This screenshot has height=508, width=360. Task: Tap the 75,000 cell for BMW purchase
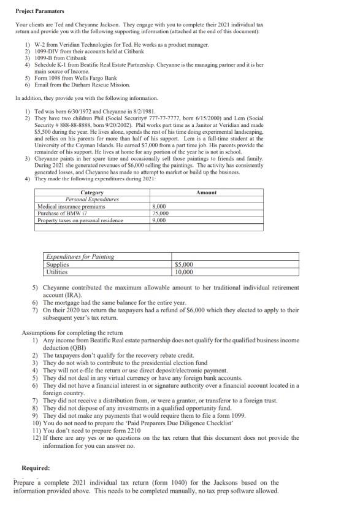click(161, 214)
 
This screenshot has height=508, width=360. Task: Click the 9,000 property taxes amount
click(159, 220)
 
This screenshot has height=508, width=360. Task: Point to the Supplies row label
click(59, 264)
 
